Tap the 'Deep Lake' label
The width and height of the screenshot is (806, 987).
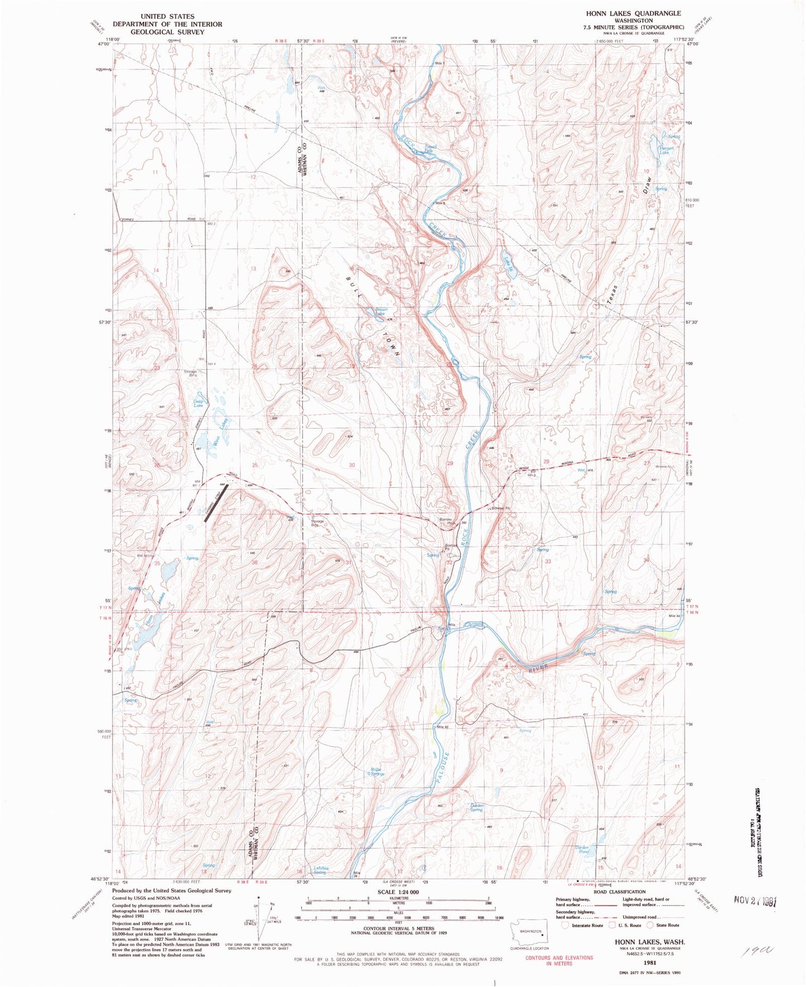coord(198,403)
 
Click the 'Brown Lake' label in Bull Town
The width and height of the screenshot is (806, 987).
coord(380,312)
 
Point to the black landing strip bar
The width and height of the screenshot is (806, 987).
coord(216,503)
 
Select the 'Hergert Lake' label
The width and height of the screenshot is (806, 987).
coord(667,150)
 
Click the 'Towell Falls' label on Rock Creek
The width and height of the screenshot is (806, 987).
coord(430,149)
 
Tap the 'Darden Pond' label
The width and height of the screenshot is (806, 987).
coord(582,849)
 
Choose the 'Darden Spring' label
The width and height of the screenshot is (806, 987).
coord(476,807)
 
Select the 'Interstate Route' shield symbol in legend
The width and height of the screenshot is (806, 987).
coord(567,925)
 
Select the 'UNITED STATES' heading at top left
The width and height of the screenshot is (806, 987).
coord(167,17)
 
